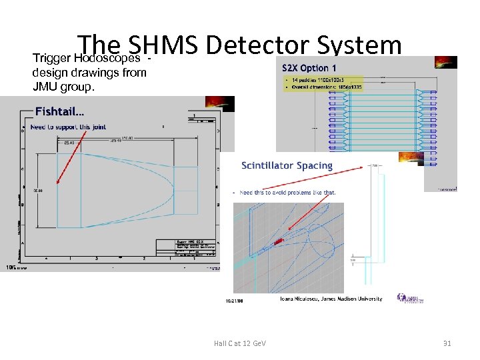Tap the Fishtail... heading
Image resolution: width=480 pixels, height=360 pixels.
tap(59, 111)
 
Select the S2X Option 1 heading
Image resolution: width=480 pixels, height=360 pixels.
tap(309, 68)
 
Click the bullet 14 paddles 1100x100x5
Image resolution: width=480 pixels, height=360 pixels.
tap(313, 79)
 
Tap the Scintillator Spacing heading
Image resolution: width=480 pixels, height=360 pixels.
tap(286, 165)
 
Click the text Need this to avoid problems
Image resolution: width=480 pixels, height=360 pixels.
tap(287, 192)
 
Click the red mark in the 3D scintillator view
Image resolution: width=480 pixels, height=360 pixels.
tap(279, 239)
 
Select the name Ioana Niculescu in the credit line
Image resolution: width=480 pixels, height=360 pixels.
tap(299, 299)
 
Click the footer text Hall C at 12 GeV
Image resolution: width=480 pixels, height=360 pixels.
tap(239, 343)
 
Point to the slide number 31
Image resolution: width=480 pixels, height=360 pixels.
tap(447, 343)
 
